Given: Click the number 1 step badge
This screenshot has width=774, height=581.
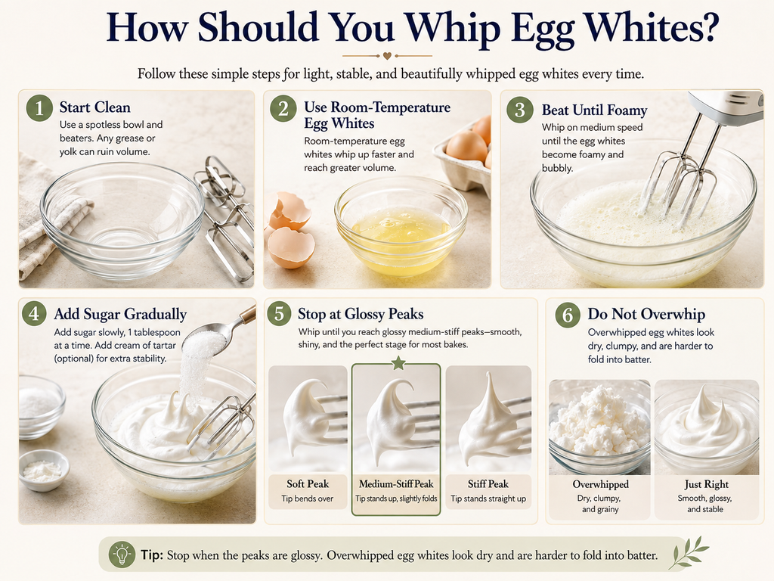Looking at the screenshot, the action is click(x=39, y=107).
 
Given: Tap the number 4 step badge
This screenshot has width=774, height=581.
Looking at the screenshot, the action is click(x=34, y=314).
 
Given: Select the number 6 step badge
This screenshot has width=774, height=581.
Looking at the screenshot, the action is click(x=568, y=314).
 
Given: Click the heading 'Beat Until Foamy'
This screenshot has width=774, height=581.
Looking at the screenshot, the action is click(x=594, y=110).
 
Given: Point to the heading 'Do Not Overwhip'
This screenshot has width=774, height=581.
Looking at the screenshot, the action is click(x=646, y=314).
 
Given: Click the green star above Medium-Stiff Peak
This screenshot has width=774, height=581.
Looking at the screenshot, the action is click(x=398, y=364).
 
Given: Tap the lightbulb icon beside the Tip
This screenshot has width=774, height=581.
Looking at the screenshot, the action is click(x=122, y=555).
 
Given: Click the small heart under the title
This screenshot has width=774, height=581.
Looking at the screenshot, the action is click(x=388, y=56).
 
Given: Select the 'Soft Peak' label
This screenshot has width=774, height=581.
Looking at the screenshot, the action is click(x=308, y=484).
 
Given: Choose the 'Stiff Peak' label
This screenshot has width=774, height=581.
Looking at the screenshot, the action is click(x=488, y=484).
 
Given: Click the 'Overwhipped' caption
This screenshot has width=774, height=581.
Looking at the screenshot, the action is click(x=600, y=485).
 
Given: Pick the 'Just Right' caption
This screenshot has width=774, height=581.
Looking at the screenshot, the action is click(x=707, y=485).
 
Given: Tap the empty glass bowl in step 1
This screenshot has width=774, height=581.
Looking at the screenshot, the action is click(x=122, y=220).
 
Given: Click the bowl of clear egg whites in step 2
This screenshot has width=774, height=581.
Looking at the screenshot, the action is click(x=401, y=225).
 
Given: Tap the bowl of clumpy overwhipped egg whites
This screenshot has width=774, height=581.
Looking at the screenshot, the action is click(x=599, y=427).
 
